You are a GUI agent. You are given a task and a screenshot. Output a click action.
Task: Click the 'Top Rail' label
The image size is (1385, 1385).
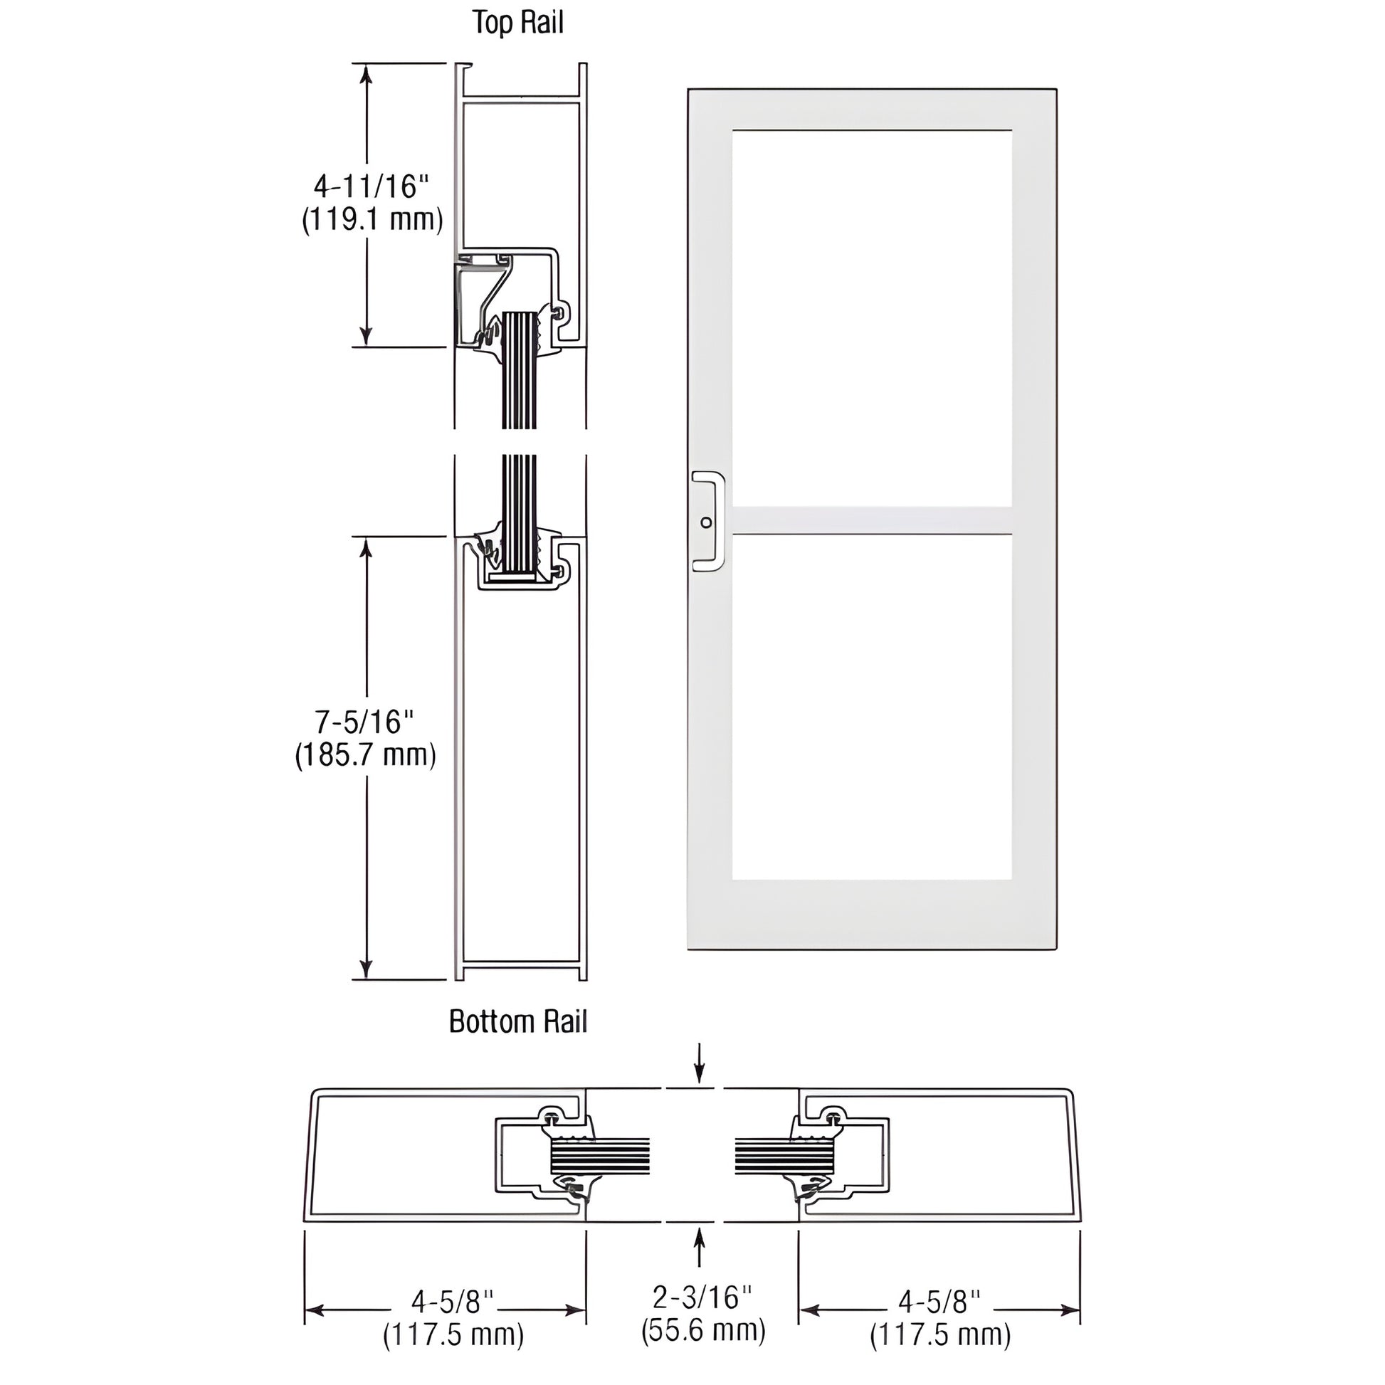coord(517,22)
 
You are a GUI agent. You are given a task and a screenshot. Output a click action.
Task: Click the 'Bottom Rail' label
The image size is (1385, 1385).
coord(517,1021)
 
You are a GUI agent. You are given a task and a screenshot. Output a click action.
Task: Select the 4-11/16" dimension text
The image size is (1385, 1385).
coord(371,186)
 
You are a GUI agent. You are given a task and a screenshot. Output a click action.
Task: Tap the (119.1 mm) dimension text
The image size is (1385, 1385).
coord(372,219)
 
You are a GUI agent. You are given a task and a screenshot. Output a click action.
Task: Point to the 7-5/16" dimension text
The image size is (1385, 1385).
coord(365,722)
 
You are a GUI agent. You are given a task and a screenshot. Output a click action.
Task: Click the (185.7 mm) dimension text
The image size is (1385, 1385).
coord(366,755)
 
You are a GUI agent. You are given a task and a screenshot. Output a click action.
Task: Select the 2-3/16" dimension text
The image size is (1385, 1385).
coord(702,1317)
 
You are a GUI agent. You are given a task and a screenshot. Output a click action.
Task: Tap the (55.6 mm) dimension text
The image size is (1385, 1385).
coord(703,1350)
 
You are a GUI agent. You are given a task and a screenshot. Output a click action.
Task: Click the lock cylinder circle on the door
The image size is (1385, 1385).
coord(706,522)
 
